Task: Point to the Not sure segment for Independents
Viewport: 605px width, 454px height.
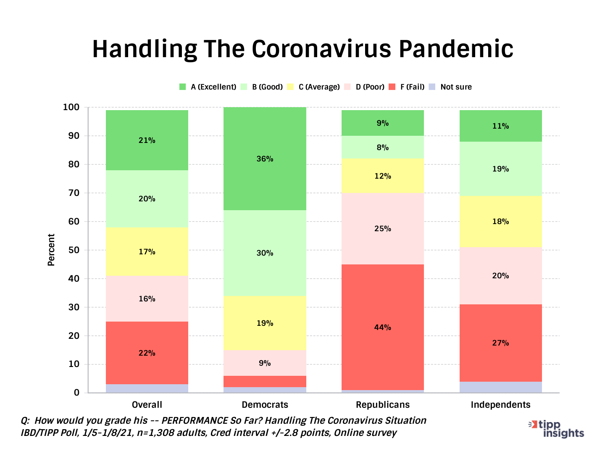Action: tap(500, 387)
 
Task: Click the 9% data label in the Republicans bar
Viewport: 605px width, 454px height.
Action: tap(382, 123)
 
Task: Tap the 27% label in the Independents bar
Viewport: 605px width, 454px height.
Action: tap(500, 343)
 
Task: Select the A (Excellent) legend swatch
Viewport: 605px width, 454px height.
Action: tap(182, 87)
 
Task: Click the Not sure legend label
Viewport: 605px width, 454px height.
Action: tap(456, 87)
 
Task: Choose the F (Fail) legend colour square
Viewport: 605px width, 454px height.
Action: tap(392, 87)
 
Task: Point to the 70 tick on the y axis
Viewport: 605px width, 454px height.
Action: tap(74, 193)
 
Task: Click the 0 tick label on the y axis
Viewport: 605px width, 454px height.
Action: tap(76, 393)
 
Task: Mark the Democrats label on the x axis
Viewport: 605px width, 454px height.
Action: tap(265, 405)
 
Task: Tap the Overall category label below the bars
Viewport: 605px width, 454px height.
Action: tap(147, 405)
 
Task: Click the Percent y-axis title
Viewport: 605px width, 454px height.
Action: tap(51, 250)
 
